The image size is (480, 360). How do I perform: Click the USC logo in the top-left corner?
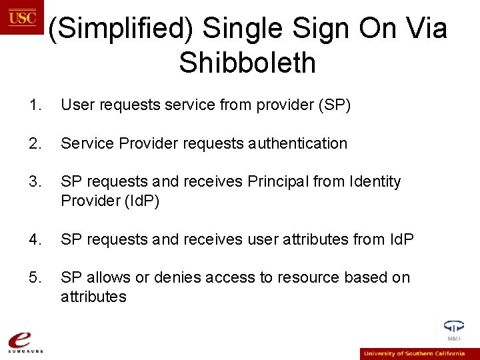21,17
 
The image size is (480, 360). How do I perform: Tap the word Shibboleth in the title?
247,63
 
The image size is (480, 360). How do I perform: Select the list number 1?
35,105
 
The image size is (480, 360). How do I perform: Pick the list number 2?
35,143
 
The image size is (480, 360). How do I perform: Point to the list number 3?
35,181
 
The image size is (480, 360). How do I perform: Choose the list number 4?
35,239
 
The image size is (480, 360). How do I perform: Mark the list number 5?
35,277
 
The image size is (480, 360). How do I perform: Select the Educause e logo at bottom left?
23,341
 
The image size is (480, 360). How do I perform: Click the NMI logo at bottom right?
454,330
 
